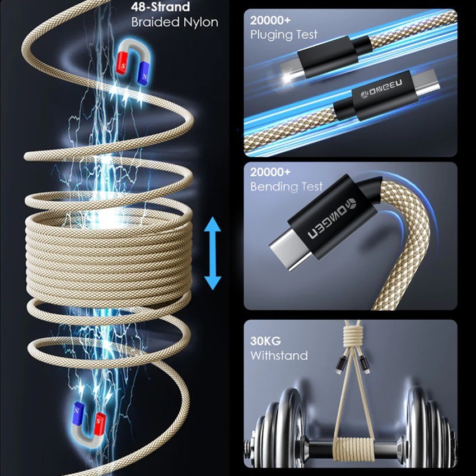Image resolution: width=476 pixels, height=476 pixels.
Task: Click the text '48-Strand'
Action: (x=161, y=7)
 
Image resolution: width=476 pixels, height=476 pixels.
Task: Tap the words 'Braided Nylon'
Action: (x=175, y=22)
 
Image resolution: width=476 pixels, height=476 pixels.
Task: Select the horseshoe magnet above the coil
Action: (x=134, y=62)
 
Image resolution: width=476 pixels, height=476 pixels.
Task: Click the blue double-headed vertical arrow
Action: (x=212, y=253)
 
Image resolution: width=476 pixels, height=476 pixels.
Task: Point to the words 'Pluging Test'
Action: (x=283, y=35)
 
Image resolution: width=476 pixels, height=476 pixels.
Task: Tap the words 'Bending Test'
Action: (x=286, y=186)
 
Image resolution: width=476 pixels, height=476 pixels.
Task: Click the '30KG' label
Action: (x=265, y=341)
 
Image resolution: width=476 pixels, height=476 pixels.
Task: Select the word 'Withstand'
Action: (x=279, y=355)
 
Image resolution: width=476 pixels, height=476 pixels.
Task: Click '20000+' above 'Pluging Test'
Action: (x=270, y=20)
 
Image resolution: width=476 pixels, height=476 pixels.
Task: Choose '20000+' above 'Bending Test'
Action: (x=270, y=172)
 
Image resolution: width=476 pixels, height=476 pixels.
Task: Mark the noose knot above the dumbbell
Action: (x=352, y=337)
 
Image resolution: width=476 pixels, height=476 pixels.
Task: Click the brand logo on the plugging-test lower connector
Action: (x=381, y=88)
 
